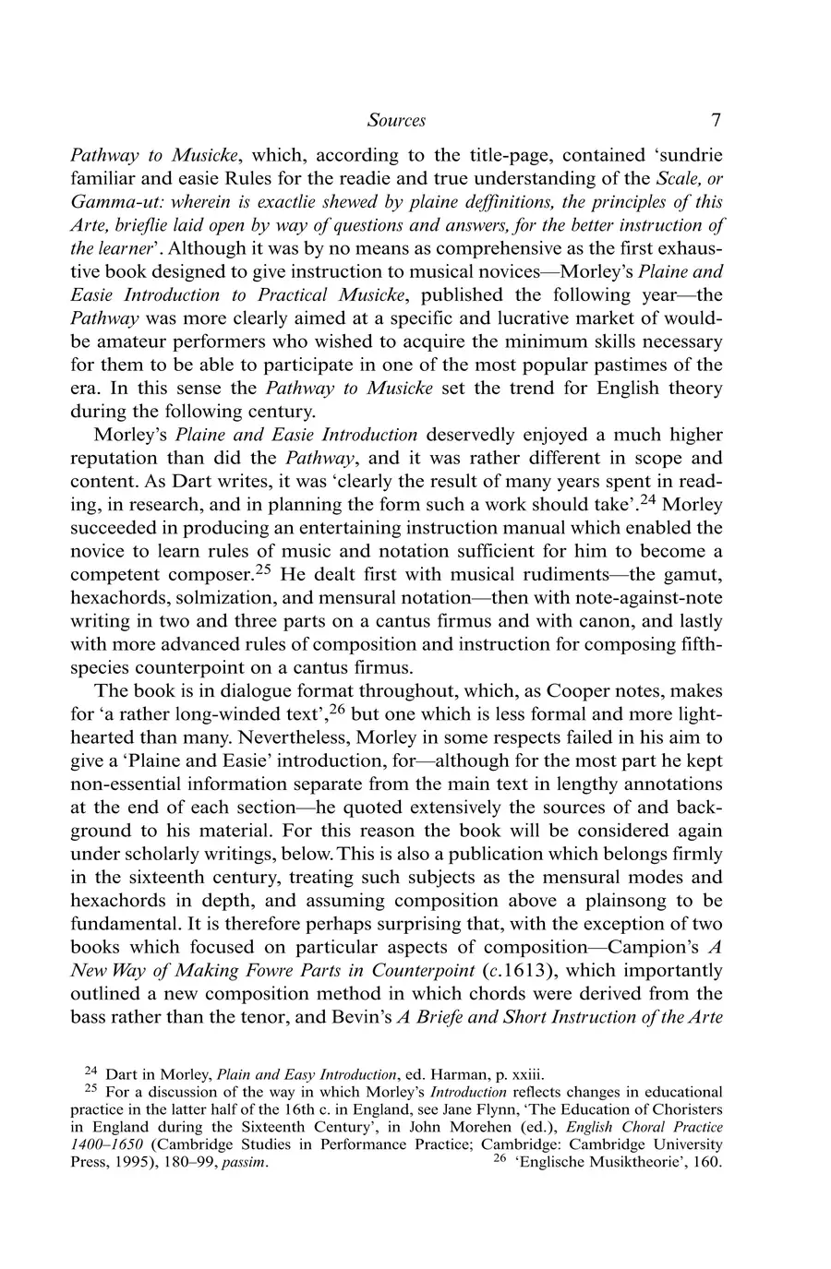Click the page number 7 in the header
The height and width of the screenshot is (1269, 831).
pyautogui.click(x=716, y=120)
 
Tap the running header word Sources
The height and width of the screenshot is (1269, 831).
pyautogui.click(x=396, y=120)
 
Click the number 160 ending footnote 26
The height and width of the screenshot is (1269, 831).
pyautogui.click(x=705, y=1163)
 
